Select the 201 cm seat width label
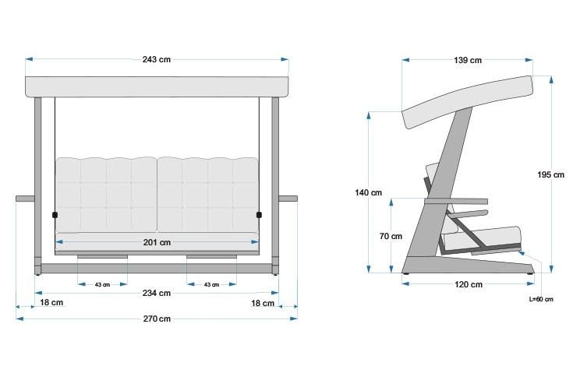(157, 243)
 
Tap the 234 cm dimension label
(157, 293)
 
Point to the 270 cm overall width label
(157, 318)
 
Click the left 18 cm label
(51, 303)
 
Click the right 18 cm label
(263, 303)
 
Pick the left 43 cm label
(102, 284)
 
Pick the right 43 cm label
(211, 284)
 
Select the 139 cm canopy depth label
(467, 61)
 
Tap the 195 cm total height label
(550, 175)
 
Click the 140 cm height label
(369, 192)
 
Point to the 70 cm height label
(391, 236)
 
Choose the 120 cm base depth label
(468, 284)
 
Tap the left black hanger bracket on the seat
(55, 214)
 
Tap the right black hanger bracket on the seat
(260, 214)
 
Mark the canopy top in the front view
(157, 86)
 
